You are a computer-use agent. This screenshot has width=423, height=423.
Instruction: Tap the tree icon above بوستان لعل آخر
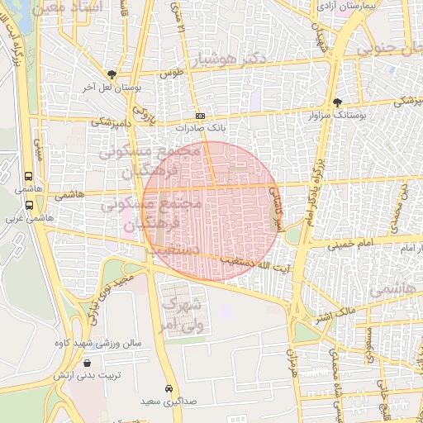[112, 74]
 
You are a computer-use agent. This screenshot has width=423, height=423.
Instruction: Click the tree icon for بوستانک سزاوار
[337, 102]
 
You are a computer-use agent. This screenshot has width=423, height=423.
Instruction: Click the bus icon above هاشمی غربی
[29, 205]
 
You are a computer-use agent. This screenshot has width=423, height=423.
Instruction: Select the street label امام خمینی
[351, 245]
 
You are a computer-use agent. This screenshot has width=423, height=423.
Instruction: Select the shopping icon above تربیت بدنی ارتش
[88, 363]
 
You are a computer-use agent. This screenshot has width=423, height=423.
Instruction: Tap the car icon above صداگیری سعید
[169, 388]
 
